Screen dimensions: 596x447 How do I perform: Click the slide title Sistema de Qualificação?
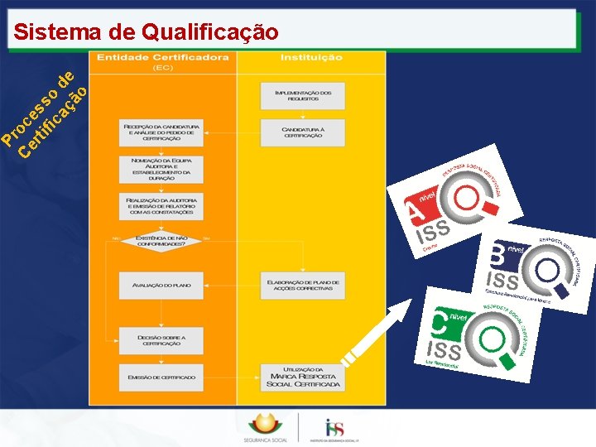pyautogui.click(x=147, y=32)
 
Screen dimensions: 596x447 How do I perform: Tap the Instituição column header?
pyautogui.click(x=310, y=58)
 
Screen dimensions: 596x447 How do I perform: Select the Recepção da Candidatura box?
pyautogui.click(x=160, y=133)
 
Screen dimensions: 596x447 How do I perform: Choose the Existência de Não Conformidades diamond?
pyautogui.click(x=161, y=240)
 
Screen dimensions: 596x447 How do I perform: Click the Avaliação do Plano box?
pyautogui.click(x=161, y=285)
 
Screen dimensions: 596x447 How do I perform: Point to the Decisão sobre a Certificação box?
pyautogui.click(x=161, y=339)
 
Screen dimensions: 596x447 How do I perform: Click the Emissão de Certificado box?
pyautogui.click(x=161, y=377)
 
